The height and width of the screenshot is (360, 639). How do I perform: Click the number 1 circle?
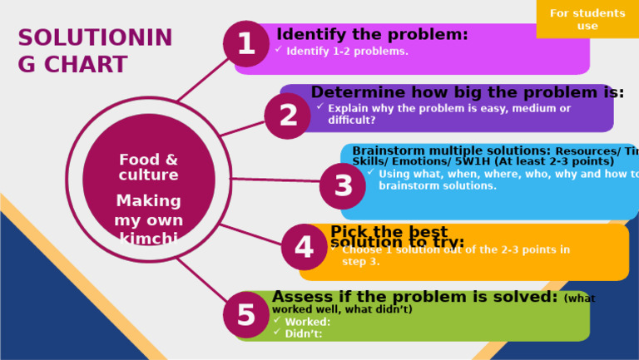246,44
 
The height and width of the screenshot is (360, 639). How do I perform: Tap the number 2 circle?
288,116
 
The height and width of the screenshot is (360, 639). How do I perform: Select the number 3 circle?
343,186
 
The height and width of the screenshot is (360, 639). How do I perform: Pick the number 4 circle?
304,248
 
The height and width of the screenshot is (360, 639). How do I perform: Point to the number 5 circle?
246,315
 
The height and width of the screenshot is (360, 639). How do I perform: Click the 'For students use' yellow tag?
587,19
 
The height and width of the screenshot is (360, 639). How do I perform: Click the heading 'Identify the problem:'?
372,35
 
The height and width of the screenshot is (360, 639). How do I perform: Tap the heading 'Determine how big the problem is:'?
467,92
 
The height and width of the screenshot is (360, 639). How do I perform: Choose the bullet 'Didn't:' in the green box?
303,333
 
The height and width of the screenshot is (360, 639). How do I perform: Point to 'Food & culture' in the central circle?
148,167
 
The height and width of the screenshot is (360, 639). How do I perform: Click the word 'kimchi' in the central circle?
148,239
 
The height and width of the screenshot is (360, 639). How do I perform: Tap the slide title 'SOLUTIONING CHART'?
95,51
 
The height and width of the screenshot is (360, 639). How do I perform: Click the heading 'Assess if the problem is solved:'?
414,297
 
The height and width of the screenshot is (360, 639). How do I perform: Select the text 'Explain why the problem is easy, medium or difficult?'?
449,114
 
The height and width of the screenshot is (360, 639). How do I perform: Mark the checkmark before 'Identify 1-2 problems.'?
278,50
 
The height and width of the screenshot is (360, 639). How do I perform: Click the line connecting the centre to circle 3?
275,180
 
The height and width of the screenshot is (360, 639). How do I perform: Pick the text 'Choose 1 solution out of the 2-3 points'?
456,249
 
